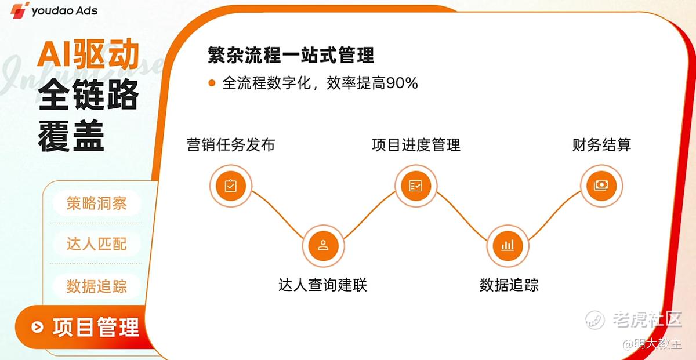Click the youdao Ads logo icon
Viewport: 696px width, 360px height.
point(20,10)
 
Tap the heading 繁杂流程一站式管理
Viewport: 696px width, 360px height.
point(291,55)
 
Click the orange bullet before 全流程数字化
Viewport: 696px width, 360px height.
point(212,83)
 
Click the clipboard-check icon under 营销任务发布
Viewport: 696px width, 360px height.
point(231,186)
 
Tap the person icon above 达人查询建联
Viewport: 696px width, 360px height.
point(323,245)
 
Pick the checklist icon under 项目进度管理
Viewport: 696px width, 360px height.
point(416,186)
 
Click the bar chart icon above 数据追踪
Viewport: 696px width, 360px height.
point(507,245)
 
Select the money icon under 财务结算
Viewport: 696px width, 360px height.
point(601,186)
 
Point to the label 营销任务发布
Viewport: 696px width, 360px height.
point(231,145)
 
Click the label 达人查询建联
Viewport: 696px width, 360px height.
point(323,285)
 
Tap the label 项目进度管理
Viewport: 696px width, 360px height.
point(416,145)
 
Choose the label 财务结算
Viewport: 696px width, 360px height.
point(601,145)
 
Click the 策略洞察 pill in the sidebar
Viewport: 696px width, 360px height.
point(97,203)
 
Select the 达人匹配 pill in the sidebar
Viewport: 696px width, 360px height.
point(97,243)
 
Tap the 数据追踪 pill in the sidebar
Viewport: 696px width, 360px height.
point(97,286)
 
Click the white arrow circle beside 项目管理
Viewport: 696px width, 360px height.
point(37,327)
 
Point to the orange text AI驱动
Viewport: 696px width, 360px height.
point(88,54)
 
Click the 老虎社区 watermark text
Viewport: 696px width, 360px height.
point(647,319)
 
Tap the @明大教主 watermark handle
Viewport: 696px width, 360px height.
point(652,344)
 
